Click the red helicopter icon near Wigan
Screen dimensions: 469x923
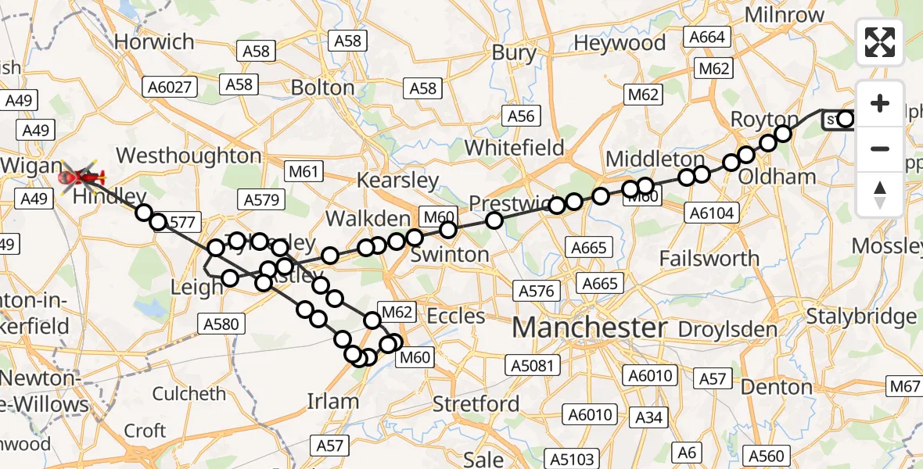coord(82,178)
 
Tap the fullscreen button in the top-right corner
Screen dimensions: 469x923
coord(880,42)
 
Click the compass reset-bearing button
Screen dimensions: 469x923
coord(880,194)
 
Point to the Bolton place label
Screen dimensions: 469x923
coord(322,87)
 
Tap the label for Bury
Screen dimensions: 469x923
coord(514,53)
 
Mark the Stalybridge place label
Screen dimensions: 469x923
coord(860,317)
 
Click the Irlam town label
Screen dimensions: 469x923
coord(333,402)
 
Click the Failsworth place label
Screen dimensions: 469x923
coord(709,258)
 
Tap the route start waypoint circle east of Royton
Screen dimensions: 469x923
coord(845,120)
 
